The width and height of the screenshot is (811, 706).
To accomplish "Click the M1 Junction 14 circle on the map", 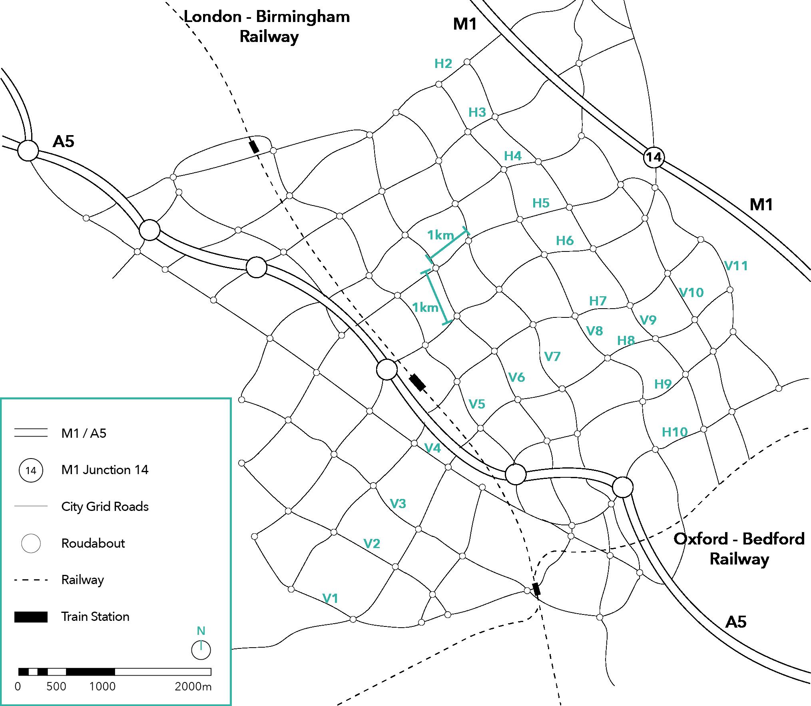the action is (654, 157).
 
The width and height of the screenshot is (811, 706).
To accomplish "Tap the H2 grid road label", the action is (443, 64).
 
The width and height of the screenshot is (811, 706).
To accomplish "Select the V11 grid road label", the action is (736, 266).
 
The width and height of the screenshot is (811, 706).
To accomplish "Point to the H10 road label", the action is (675, 432).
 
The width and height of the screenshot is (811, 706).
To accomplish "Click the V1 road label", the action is (330, 598).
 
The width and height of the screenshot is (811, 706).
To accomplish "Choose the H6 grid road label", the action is (565, 241).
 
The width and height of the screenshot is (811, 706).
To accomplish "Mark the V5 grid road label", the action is (477, 404).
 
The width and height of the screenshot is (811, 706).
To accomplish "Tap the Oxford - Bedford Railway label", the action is (739, 549).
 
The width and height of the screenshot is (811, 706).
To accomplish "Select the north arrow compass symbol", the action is (201, 650).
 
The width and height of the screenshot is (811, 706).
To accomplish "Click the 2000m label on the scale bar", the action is (193, 686).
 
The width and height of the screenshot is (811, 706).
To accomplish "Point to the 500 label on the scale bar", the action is (56, 686).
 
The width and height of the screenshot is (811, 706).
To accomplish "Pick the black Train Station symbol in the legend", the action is (31, 617).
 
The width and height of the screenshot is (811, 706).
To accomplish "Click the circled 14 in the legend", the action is (31, 470).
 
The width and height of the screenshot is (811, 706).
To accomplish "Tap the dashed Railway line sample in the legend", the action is (31, 580).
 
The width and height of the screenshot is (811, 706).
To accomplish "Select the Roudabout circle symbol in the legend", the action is (31, 544).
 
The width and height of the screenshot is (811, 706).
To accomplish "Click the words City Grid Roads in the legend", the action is (105, 507).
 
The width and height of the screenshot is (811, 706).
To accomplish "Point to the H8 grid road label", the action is (626, 341).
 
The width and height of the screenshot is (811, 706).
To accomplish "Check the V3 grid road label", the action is (398, 503).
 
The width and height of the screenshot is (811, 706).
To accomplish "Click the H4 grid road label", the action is (513, 156).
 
